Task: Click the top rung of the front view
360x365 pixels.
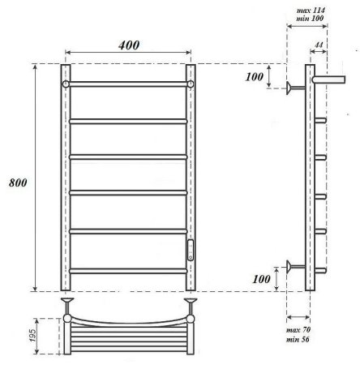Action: coord(127,84)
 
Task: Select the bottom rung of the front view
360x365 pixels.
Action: coord(127,269)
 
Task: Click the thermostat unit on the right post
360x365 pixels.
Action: coord(191,249)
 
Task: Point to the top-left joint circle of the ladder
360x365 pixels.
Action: coord(65,84)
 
